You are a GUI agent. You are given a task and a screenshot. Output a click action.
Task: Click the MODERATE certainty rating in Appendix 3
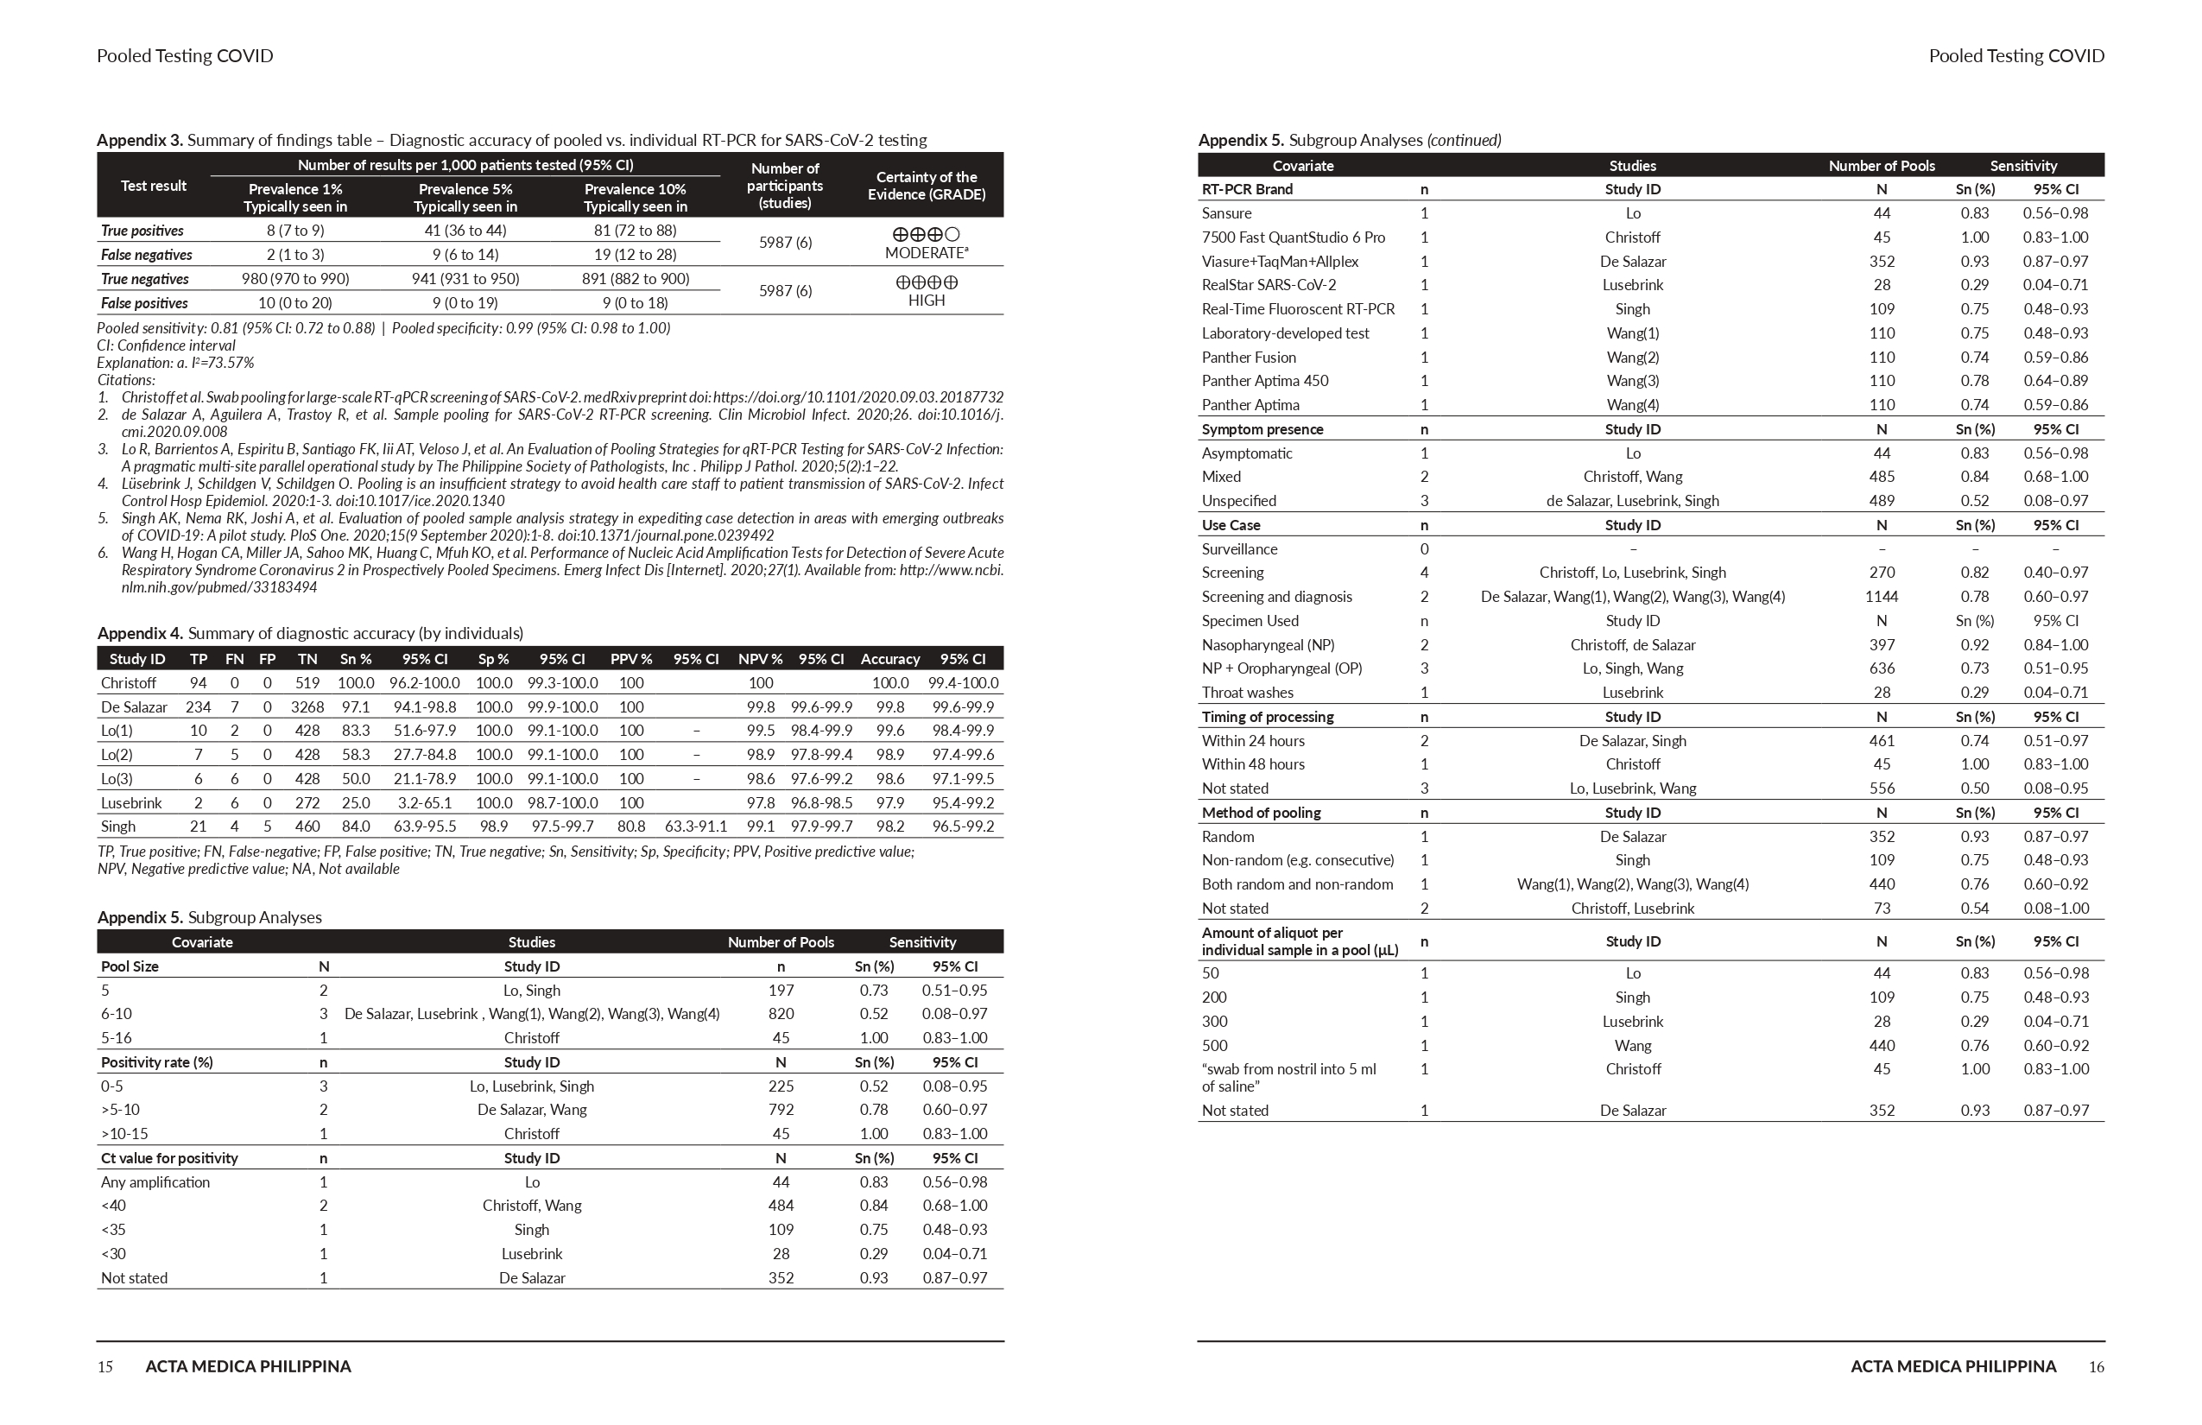pyautogui.click(x=924, y=252)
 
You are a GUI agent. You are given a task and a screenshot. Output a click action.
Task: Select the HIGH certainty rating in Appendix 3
pyautogui.click(x=926, y=300)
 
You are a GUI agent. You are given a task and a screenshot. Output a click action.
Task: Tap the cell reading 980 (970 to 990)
pyautogui.click(x=295, y=278)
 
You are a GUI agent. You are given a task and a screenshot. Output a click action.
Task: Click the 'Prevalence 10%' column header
pyautogui.click(x=635, y=189)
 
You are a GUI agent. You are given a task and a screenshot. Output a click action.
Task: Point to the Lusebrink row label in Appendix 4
pyautogui.click(x=131, y=802)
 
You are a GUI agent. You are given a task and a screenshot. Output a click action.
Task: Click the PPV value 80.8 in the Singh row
pyautogui.click(x=631, y=826)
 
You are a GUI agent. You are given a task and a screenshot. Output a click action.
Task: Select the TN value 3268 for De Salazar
pyautogui.click(x=307, y=707)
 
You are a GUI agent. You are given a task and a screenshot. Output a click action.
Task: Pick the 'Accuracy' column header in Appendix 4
pyautogui.click(x=890, y=659)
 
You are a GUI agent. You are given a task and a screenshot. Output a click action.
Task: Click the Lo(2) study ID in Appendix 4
pyautogui.click(x=117, y=754)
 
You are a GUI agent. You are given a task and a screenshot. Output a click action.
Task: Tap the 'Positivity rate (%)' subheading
pyautogui.click(x=156, y=1062)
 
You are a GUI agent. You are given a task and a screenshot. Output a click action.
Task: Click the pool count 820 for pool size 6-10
pyautogui.click(x=781, y=1013)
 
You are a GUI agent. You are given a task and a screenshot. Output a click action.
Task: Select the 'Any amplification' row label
pyautogui.click(x=155, y=1181)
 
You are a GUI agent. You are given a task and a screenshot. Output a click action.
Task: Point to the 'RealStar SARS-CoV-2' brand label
pyautogui.click(x=1269, y=285)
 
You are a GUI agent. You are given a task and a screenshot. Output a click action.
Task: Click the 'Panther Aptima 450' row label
pyautogui.click(x=1265, y=380)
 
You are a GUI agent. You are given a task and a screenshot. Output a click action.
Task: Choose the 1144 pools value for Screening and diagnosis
pyautogui.click(x=1881, y=597)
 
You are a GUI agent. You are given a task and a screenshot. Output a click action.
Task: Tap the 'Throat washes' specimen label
pyautogui.click(x=1247, y=692)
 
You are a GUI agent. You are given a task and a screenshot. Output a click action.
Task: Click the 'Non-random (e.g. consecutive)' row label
pyautogui.click(x=1297, y=859)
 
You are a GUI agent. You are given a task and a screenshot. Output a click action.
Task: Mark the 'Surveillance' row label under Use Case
pyautogui.click(x=1239, y=548)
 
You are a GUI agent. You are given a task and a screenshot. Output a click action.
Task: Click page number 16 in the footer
pyautogui.click(x=2096, y=1366)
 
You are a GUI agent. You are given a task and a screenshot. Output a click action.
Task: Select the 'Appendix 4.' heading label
pyautogui.click(x=140, y=633)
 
